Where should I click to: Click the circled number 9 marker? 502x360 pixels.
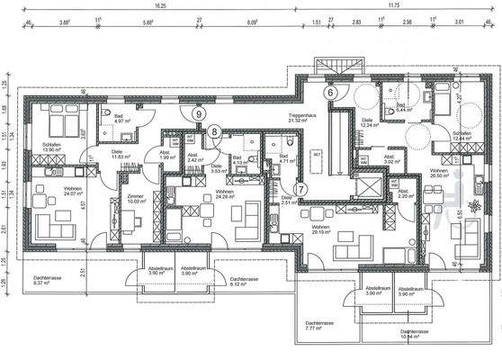197,114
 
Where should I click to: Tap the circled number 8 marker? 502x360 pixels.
213,131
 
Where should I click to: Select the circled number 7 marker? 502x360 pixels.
300,190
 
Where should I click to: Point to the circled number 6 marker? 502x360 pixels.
330,92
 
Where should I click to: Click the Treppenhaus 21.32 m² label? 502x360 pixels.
301,119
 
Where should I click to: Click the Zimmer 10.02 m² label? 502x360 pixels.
135,198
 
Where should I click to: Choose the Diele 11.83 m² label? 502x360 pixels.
117,155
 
